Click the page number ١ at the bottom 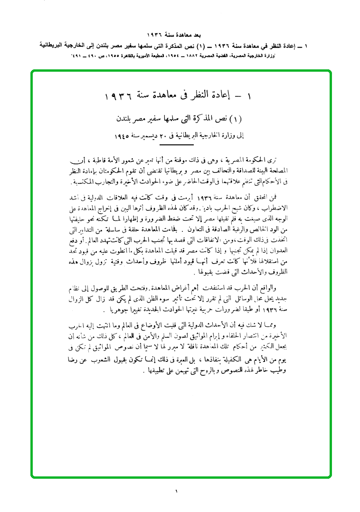pyautogui.click(x=176, y=491)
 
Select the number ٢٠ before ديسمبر pyautogui.click(x=167, y=135)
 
